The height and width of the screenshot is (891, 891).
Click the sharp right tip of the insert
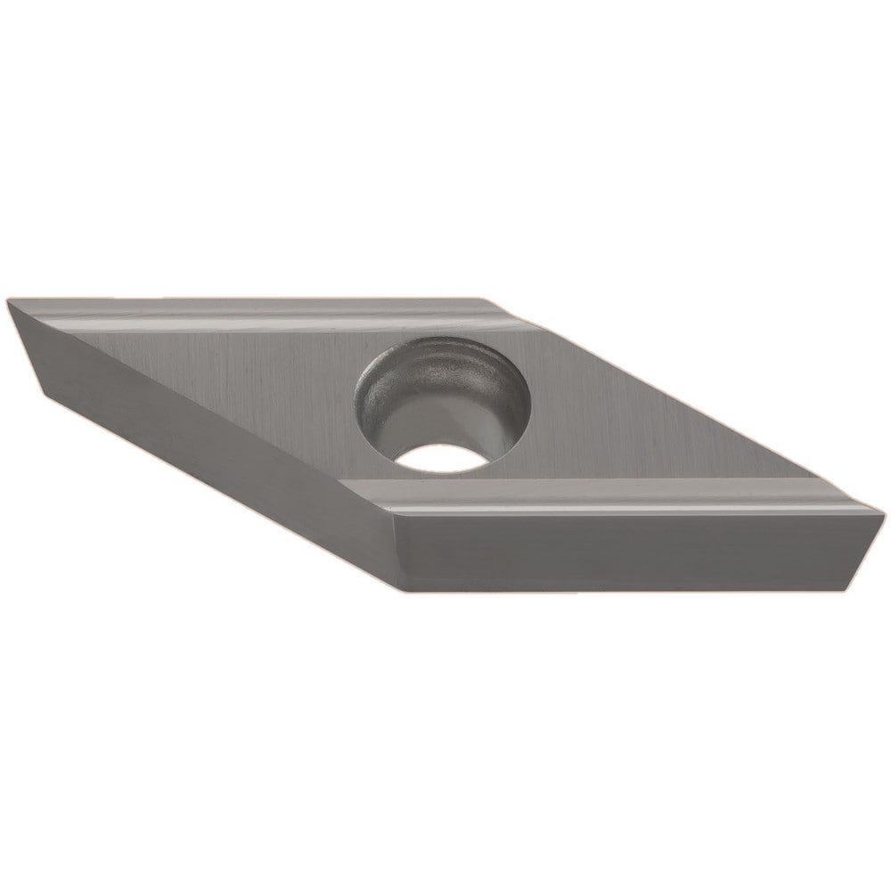(882, 511)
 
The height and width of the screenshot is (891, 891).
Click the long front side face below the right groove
(624, 552)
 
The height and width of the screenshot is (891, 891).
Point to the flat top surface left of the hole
(249, 374)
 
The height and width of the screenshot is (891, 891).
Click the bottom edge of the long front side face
(624, 588)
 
